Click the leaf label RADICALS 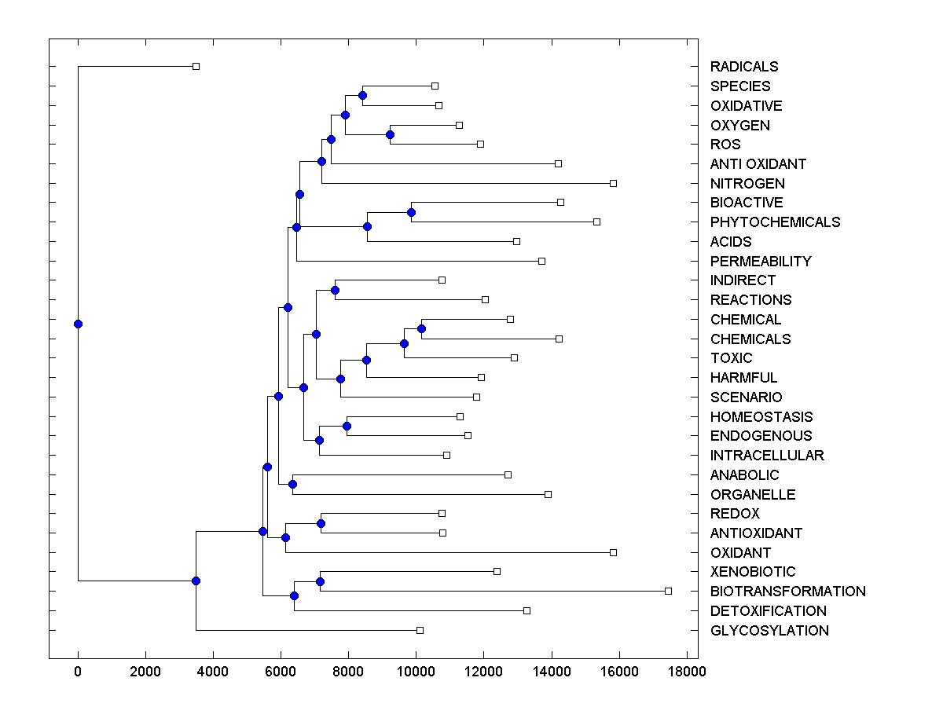[743, 67]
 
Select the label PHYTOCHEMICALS [775, 222]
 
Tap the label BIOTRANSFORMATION [787, 592]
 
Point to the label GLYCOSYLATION [769, 631]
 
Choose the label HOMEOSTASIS [761, 417]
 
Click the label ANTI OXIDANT [758, 164]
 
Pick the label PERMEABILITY [760, 262]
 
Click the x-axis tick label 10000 [416, 671]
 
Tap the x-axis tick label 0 [78, 671]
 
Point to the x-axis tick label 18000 [686, 671]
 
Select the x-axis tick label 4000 [213, 671]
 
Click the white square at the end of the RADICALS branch [196, 66]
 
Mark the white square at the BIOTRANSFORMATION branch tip [668, 591]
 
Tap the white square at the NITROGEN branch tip [613, 183]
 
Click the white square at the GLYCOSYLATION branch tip [420, 630]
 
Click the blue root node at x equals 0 [78, 324]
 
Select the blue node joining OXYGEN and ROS [390, 135]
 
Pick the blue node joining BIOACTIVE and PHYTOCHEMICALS [411, 212]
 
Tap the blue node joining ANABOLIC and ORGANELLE [292, 484]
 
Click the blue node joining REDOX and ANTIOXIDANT [321, 523]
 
